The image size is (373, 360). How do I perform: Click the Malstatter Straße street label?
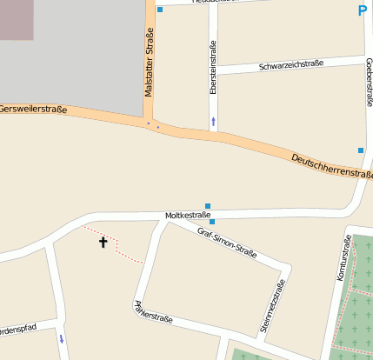(149, 62)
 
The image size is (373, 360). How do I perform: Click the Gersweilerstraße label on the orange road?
(33, 109)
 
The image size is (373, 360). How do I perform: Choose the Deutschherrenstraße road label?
(330, 164)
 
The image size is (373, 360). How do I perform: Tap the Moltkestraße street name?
(188, 214)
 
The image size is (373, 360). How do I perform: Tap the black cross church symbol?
(103, 242)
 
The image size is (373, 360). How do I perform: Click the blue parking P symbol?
(362, 11)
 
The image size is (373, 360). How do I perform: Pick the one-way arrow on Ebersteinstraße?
(213, 122)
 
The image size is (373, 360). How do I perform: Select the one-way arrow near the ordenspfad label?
(61, 338)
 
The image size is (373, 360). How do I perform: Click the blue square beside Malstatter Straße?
(160, 10)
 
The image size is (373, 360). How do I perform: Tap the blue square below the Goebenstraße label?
(361, 150)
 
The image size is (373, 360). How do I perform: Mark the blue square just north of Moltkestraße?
(207, 205)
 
